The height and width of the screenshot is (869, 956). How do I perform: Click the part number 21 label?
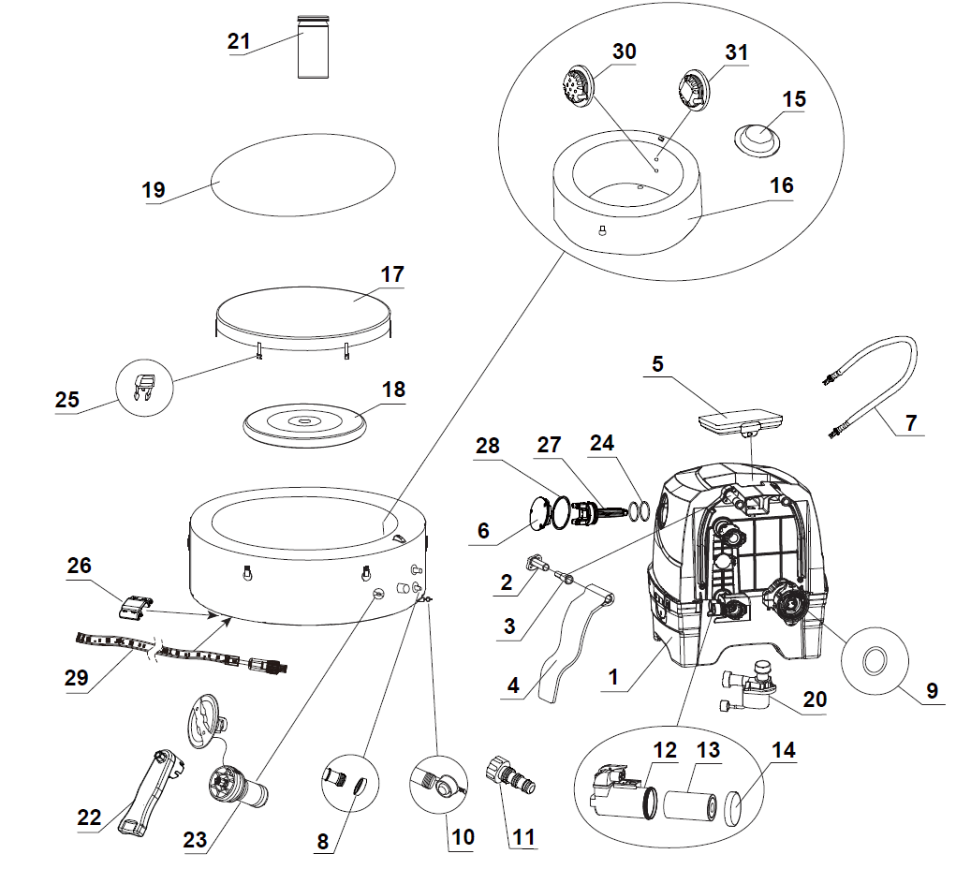(x=239, y=41)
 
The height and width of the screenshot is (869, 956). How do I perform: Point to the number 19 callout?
(x=154, y=190)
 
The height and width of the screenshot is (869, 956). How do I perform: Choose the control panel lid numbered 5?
(x=740, y=421)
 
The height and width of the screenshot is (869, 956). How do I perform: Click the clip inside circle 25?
(x=143, y=388)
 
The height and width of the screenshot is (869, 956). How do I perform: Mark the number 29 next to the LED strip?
(x=77, y=677)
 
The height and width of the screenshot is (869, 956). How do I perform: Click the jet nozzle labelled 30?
(x=577, y=88)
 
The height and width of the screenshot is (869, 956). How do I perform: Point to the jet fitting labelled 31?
(x=693, y=92)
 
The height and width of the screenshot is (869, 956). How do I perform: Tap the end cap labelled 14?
(x=734, y=809)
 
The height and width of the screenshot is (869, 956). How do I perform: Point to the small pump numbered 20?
(x=751, y=686)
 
